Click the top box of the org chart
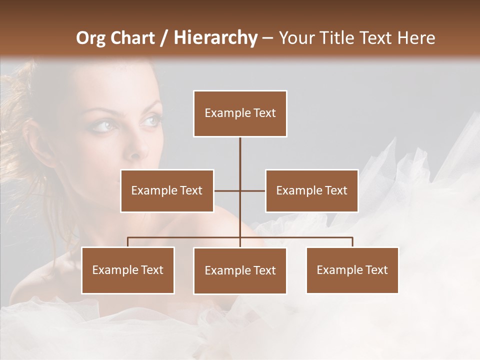point(240,113)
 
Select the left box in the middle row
point(167,190)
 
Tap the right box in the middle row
point(311,190)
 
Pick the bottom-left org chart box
point(128,270)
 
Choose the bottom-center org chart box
point(240,270)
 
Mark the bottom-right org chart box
point(352,270)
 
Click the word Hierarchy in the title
point(215,38)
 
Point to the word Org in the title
point(90,38)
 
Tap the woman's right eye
point(102,125)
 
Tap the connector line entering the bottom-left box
point(128,242)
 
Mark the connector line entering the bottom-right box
point(352,242)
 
